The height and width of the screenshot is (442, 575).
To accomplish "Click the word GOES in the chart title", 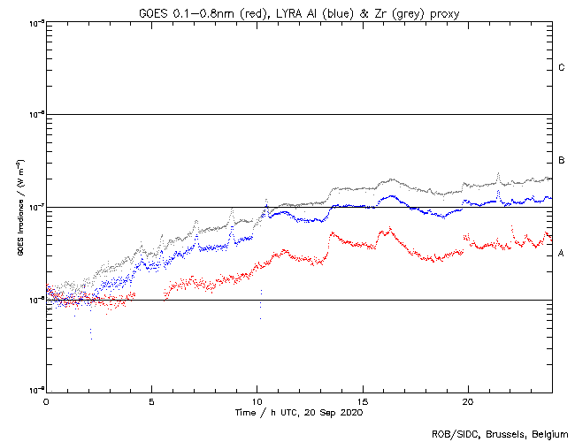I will click(x=153, y=12).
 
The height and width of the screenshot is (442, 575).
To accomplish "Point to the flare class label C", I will click(x=562, y=68).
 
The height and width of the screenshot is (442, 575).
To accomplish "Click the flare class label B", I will click(x=562, y=161).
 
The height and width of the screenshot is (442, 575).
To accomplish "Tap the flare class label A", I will click(x=562, y=254).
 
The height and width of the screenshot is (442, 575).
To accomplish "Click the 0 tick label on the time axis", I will click(x=46, y=401).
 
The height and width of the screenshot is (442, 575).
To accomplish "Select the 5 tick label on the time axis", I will click(x=151, y=401).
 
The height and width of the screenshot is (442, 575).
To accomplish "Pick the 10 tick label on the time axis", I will click(x=257, y=401).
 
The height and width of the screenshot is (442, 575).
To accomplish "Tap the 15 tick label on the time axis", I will click(x=362, y=401).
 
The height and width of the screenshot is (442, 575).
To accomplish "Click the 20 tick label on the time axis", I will click(x=467, y=401).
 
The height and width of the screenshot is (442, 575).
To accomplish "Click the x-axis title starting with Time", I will click(x=298, y=413).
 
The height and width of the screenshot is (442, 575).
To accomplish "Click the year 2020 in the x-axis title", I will click(x=350, y=413).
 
